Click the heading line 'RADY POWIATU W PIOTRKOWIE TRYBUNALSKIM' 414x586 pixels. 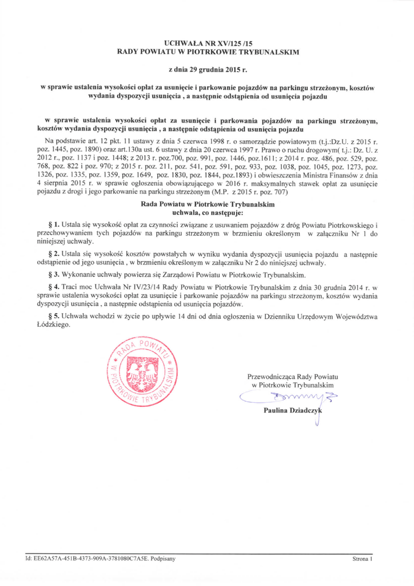[x=208, y=52]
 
